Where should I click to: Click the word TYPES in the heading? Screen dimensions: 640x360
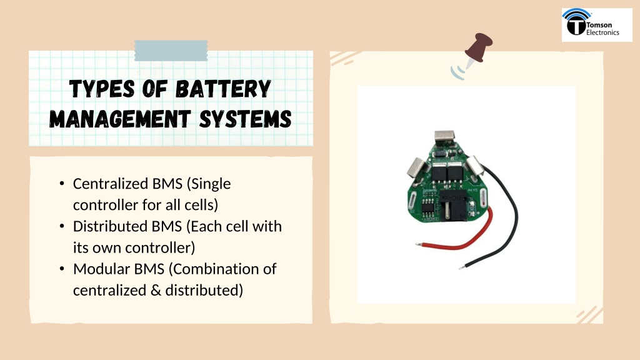pyautogui.click(x=102, y=89)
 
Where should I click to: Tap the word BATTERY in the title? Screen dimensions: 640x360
pyautogui.click(x=223, y=89)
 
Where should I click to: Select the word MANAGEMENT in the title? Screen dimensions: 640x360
pyautogui.click(x=120, y=119)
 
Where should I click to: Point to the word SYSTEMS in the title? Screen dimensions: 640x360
pyautogui.click(x=245, y=119)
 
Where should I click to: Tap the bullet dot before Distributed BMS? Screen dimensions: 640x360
pyautogui.click(x=62, y=226)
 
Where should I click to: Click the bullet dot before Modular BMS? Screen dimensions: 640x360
pyautogui.click(x=62, y=269)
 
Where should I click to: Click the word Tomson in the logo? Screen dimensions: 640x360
pyautogui.click(x=599, y=25)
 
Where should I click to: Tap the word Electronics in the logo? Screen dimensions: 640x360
pyautogui.click(x=603, y=32)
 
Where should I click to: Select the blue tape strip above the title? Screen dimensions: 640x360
pyautogui.click(x=171, y=51)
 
